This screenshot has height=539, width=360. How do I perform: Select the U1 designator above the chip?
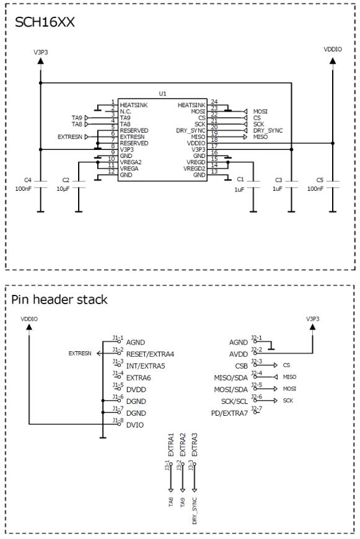[x=162, y=94]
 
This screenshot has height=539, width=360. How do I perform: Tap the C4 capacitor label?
[x=27, y=180]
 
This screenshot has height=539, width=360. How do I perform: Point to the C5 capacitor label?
[x=320, y=180]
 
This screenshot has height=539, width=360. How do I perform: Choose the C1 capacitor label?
[x=240, y=180]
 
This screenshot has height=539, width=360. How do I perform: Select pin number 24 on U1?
[x=214, y=102]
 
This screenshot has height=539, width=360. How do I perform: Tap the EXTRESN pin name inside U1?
[x=134, y=136]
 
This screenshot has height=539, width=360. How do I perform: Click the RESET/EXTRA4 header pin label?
[x=150, y=354]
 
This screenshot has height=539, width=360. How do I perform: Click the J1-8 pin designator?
[x=118, y=421]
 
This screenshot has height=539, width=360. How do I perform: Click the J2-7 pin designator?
[x=257, y=408]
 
